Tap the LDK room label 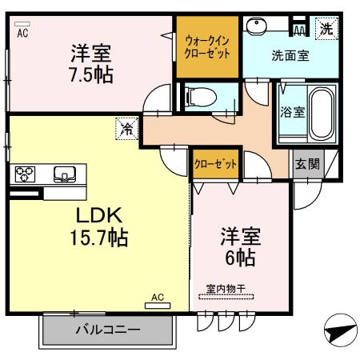point(99,216)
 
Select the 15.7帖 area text point(99,238)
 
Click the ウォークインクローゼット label point(207,46)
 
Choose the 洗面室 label point(290,56)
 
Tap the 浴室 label point(291,112)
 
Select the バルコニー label point(107,329)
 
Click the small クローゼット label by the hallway point(215,164)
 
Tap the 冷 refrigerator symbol point(126,126)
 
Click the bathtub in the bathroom point(322,114)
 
